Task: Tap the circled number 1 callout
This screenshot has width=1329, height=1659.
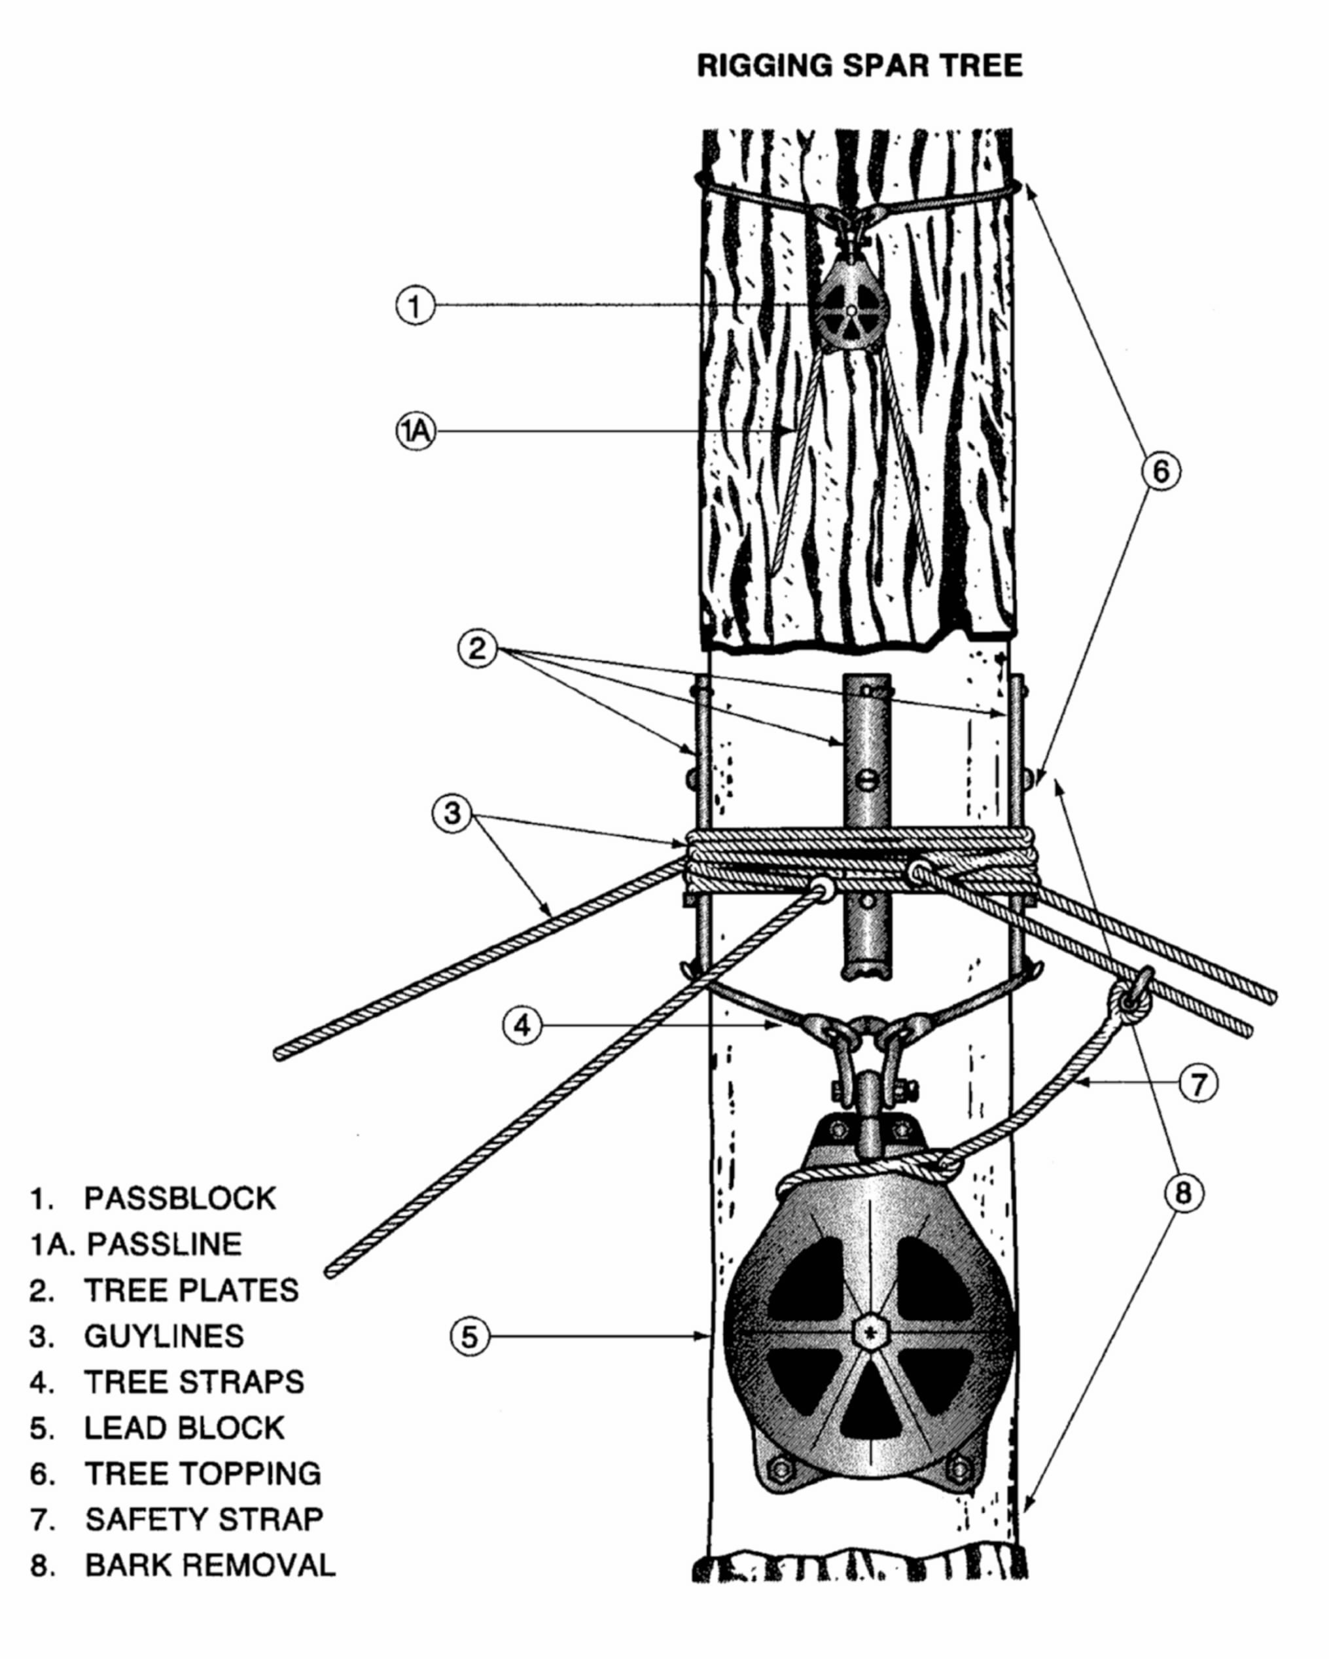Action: [x=416, y=306]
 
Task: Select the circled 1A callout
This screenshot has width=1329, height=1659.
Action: [x=416, y=432]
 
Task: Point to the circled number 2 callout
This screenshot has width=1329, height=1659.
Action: [x=477, y=649]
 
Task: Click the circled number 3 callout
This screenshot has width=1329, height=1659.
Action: [x=452, y=813]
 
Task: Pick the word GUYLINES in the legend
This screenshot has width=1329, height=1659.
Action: [x=164, y=1336]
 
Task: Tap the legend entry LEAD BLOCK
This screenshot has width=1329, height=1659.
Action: [x=184, y=1427]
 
